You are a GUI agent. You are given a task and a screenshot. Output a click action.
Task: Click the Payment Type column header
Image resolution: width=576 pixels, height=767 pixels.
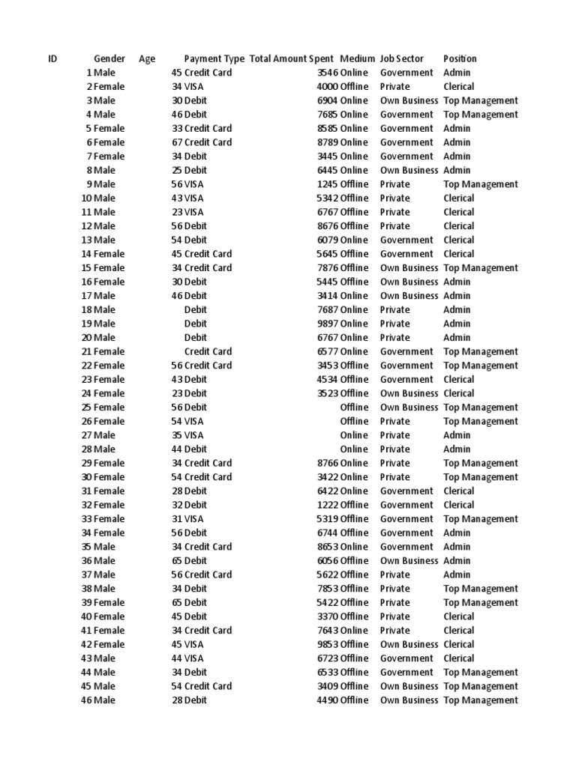tap(214, 58)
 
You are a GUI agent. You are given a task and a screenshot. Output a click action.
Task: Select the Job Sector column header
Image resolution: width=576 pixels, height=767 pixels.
tap(401, 58)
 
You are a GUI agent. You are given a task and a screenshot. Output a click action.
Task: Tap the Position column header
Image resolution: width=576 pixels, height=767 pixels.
tap(460, 58)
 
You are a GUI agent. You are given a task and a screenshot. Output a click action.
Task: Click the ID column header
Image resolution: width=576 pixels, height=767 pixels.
tap(52, 58)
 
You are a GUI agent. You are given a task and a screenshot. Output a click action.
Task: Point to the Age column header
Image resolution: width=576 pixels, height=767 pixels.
tap(147, 58)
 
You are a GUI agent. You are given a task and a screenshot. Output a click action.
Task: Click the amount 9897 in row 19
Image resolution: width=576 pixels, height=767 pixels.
tap(328, 324)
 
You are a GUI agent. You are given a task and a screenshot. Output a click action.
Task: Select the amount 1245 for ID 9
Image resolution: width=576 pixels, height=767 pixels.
tap(328, 184)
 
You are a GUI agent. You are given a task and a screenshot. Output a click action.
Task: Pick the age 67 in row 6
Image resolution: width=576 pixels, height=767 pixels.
tap(177, 142)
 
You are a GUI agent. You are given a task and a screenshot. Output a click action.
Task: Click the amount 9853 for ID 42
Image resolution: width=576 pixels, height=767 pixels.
tap(328, 644)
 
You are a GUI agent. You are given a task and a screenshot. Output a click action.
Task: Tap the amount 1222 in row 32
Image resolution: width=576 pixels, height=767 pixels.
tap(328, 505)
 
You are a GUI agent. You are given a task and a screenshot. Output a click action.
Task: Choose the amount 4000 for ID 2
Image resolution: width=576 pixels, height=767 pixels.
tap(328, 87)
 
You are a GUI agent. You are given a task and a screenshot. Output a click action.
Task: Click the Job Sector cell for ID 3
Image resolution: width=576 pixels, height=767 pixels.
tap(409, 100)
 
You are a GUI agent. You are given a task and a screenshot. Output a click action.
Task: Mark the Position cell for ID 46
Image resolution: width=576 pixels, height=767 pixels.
tap(480, 700)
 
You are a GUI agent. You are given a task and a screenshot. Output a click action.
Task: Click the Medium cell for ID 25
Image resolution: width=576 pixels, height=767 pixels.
tap(354, 407)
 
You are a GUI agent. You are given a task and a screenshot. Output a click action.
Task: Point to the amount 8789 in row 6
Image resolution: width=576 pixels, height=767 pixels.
tap(328, 142)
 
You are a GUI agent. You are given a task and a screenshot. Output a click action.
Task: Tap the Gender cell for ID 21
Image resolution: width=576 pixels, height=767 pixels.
tap(109, 351)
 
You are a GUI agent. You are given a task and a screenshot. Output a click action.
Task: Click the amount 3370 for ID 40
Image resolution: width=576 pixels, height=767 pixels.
tap(328, 616)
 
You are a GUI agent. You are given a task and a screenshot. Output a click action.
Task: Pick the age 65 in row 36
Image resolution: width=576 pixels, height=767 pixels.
tap(177, 561)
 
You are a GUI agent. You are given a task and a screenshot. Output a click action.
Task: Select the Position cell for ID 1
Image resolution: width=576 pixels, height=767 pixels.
tap(457, 73)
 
